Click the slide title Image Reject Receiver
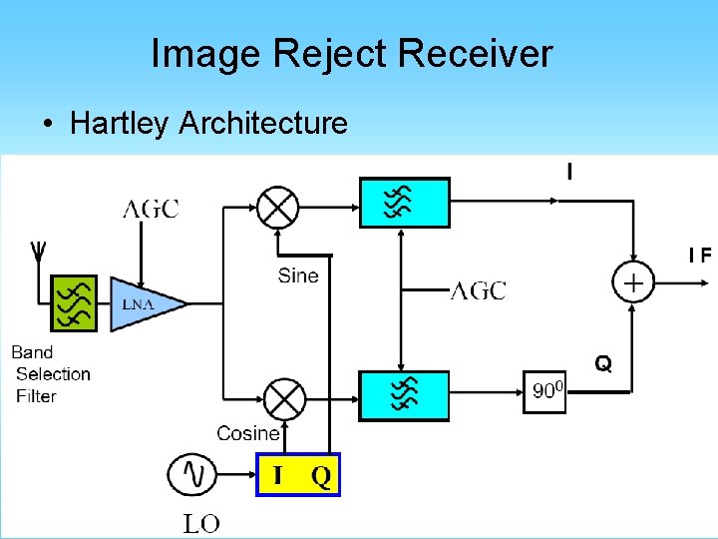click(x=351, y=53)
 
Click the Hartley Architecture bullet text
click(x=208, y=123)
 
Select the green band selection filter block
click(x=74, y=302)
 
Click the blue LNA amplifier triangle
click(x=143, y=303)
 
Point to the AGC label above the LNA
click(x=151, y=209)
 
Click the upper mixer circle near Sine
click(x=277, y=207)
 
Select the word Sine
click(x=298, y=275)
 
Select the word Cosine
click(x=248, y=433)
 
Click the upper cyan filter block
click(x=404, y=203)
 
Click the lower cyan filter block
click(x=404, y=396)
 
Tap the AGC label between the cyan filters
click(x=479, y=290)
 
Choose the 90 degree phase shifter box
click(x=546, y=391)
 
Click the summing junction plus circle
click(x=633, y=282)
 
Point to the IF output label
click(x=700, y=255)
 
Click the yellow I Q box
click(x=298, y=475)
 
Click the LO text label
click(x=201, y=523)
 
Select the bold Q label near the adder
click(x=603, y=363)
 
